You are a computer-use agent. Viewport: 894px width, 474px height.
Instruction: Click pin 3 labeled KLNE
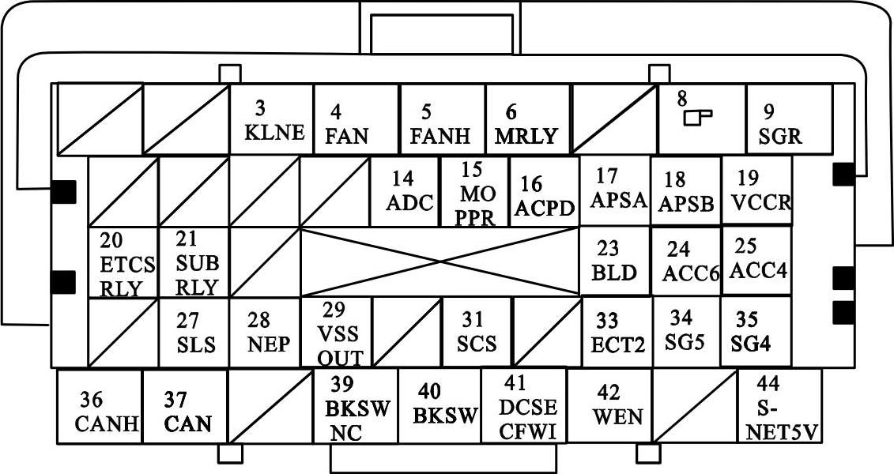coord(272,119)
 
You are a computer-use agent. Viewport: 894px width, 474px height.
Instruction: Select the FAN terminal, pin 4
coord(356,119)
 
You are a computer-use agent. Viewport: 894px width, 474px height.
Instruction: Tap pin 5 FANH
coord(441,119)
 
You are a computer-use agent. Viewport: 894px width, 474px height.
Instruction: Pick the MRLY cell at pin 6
coord(526,119)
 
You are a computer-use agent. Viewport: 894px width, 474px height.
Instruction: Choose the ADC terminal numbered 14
coord(405,192)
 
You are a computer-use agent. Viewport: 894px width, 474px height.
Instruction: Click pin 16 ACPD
coord(544,194)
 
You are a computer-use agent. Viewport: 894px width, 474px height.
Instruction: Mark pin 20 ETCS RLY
coord(123,263)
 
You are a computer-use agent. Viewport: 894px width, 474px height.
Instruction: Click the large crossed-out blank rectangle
coord(439,262)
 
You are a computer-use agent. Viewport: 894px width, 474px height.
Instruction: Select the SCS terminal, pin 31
coord(476,333)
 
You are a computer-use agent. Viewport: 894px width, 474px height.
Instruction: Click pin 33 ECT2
coord(617,333)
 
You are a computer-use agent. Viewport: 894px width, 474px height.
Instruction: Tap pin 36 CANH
coord(100,408)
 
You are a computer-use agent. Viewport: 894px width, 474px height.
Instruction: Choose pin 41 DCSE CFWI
coord(524,408)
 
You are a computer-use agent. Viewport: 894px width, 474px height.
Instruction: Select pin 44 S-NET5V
coord(779,408)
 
